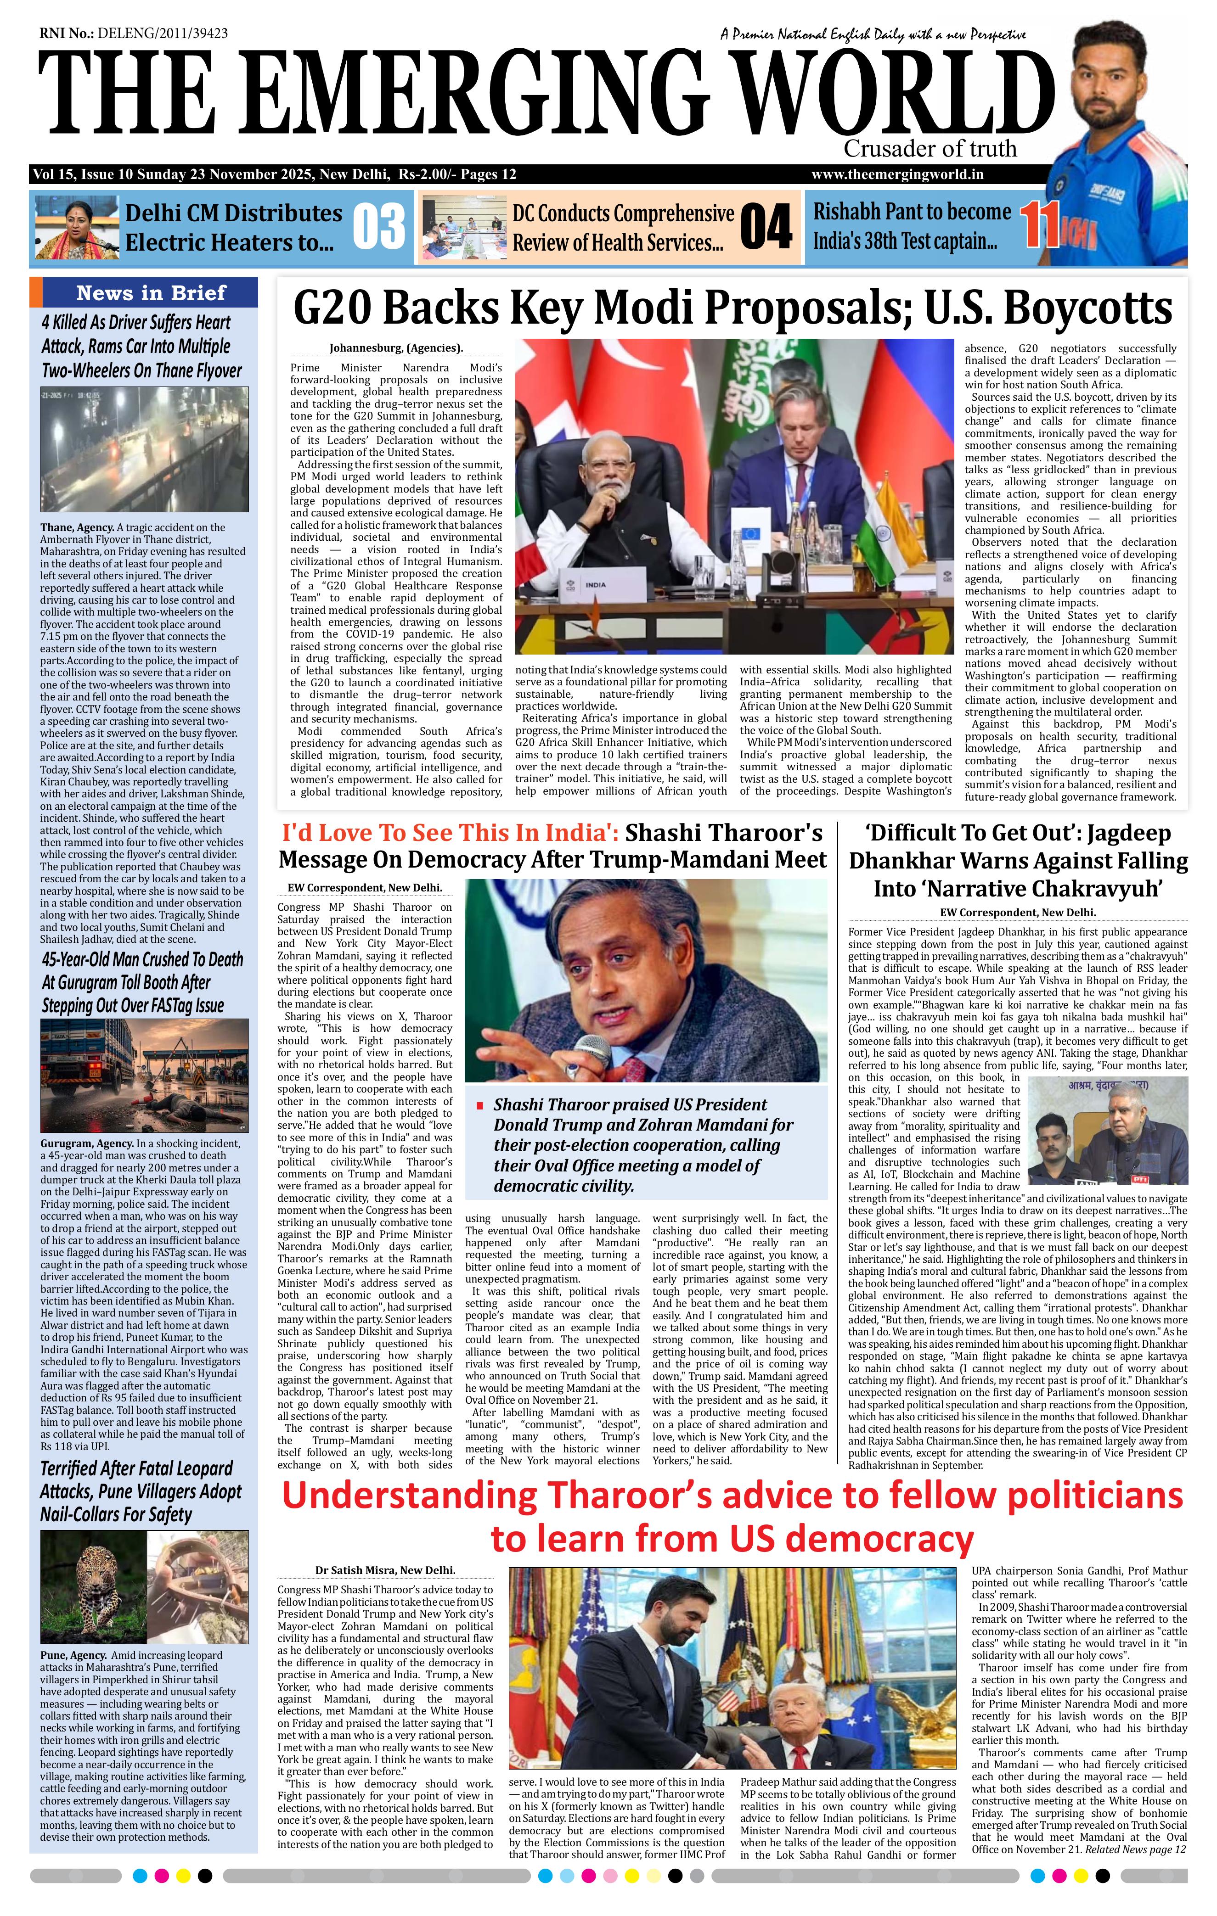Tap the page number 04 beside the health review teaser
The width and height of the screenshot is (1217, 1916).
pyautogui.click(x=766, y=227)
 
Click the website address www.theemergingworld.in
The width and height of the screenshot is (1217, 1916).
pyautogui.click(x=897, y=175)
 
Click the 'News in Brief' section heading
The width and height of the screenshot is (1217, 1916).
pyautogui.click(x=151, y=293)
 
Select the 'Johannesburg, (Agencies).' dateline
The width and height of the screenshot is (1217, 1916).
pyautogui.click(x=395, y=347)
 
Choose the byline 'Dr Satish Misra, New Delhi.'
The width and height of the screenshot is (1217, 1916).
pyautogui.click(x=385, y=1570)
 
